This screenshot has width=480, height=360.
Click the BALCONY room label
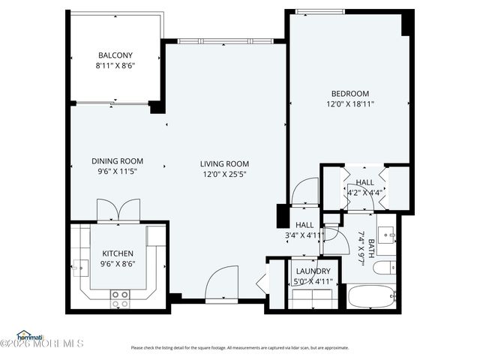(x=115, y=55)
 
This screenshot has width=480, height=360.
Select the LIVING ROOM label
(x=224, y=163)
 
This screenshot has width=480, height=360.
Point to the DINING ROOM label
(x=117, y=160)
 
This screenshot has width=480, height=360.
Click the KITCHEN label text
(x=118, y=253)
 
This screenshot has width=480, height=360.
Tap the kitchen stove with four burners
(x=119, y=298)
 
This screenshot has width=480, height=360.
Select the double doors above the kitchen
(x=118, y=210)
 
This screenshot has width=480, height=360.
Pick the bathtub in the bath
(x=372, y=296)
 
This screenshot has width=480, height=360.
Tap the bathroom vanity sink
(x=389, y=235)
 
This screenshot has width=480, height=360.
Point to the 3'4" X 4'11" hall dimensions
(x=304, y=235)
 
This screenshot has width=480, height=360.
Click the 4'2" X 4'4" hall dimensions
(x=365, y=192)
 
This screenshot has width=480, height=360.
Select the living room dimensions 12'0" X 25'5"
(x=224, y=174)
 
